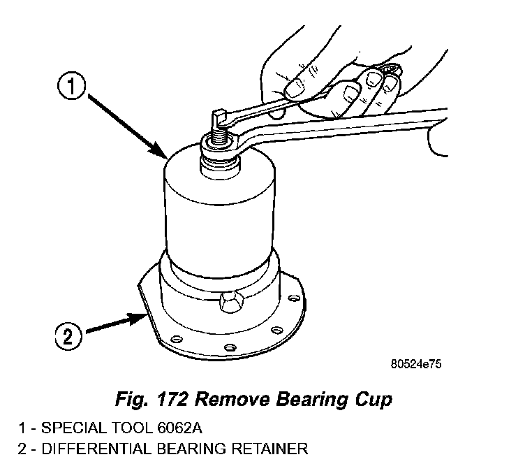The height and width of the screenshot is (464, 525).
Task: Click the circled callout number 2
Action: (68, 338)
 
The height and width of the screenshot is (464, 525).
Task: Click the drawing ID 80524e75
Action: (417, 364)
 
